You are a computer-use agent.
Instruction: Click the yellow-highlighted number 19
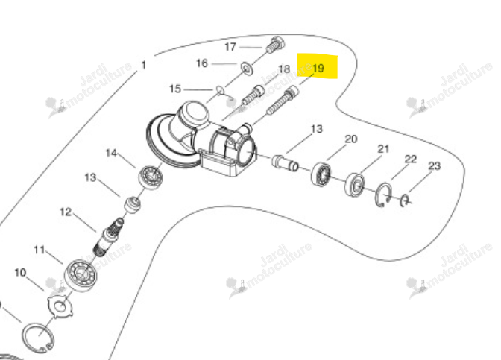[x=318, y=68]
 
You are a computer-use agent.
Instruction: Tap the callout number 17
[x=230, y=47]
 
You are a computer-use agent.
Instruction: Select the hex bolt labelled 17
[x=274, y=45]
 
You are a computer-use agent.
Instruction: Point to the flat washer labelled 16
[x=246, y=68]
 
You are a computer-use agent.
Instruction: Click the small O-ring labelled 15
[x=220, y=90]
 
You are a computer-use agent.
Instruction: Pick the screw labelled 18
[x=253, y=95]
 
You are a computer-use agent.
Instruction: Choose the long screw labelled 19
[x=283, y=101]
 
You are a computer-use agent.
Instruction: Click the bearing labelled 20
[x=321, y=174]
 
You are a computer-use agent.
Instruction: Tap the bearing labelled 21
[x=356, y=185]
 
